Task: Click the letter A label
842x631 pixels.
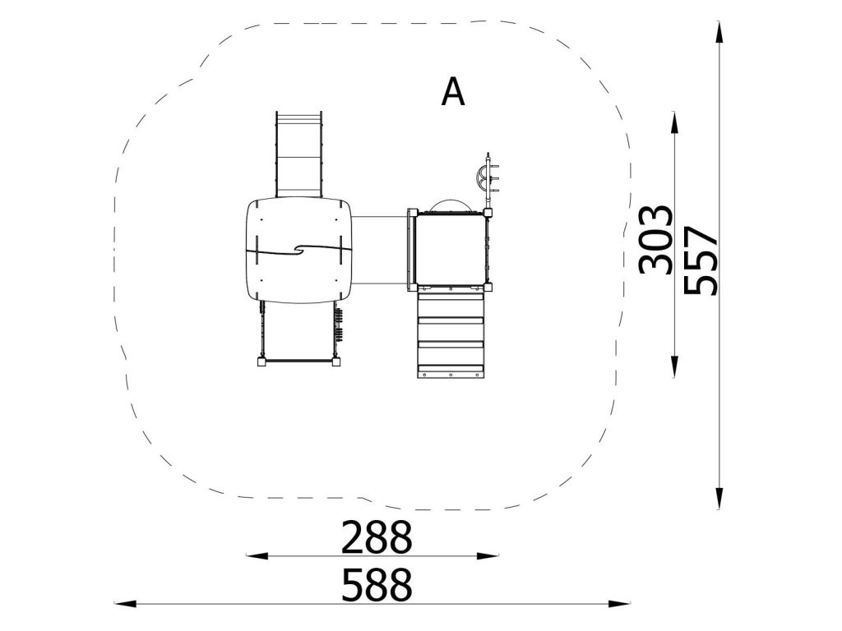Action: tap(453, 92)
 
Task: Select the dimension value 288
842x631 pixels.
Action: tap(377, 537)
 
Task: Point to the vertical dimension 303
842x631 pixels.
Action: tap(655, 239)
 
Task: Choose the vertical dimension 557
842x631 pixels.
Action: tap(701, 260)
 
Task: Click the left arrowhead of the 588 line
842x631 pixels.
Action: tap(125, 604)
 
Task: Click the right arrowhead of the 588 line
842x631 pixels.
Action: tap(619, 604)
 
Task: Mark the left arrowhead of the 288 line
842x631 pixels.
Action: tap(257, 556)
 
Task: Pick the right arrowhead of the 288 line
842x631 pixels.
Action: tap(488, 556)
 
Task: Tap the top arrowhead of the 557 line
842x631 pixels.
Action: tap(719, 32)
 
